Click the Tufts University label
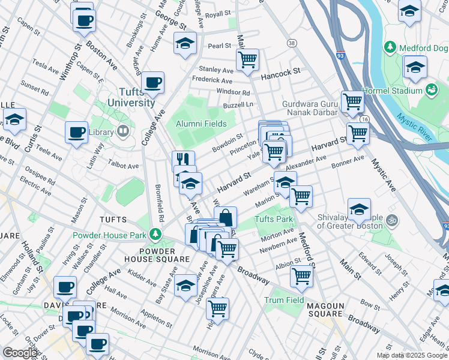point(131,97)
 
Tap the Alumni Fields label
point(201,124)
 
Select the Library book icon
point(123,131)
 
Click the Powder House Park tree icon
point(156,233)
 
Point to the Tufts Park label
point(273,220)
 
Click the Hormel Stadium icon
point(430,90)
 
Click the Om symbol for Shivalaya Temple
point(393,220)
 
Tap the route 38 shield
point(292,43)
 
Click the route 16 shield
point(364,119)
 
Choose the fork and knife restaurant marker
point(184,160)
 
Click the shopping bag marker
point(225,217)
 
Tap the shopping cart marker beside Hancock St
point(247,59)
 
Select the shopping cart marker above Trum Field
point(301,275)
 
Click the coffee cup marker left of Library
point(76,132)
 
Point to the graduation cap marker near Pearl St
point(185,43)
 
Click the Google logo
point(20,353)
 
